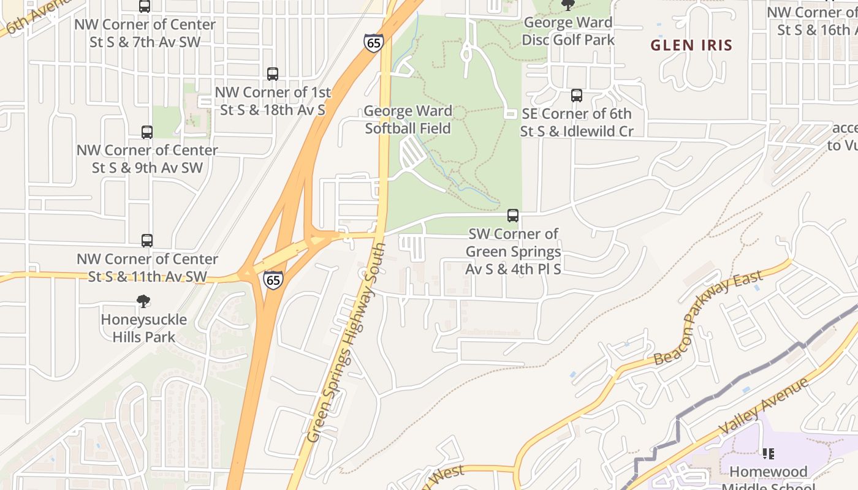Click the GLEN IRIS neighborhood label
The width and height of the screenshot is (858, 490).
pos(691,45)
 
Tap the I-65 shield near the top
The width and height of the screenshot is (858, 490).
pos(373,42)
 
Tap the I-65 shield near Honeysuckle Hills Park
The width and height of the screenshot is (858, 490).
pos(273,279)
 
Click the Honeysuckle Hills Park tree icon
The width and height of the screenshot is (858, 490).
pos(143,301)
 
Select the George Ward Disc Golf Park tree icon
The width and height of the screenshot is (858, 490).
pos(568,6)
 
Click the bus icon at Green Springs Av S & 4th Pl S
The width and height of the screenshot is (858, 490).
pos(513,216)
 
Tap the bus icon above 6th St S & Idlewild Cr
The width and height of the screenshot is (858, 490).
pos(577,96)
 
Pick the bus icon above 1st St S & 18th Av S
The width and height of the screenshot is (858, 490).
pos(273,74)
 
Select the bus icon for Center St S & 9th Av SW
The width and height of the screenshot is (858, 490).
pos(147,132)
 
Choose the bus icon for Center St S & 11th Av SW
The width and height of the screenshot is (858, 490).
pos(147,241)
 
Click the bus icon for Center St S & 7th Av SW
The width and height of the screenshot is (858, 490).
pos(145,7)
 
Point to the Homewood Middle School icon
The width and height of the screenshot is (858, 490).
pos(768,454)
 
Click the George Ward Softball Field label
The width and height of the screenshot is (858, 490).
pos(408,119)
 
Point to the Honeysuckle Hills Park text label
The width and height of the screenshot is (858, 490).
pos(143,328)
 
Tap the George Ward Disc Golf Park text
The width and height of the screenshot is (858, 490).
pos(568,31)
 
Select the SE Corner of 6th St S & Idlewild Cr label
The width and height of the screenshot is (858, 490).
pos(576,123)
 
